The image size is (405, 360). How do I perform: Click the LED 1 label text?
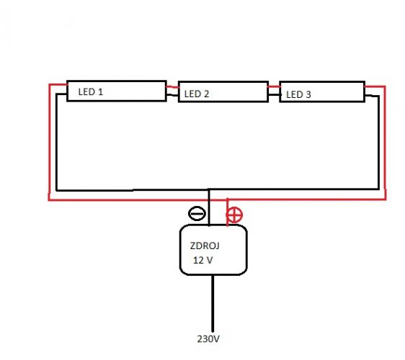click(90, 92)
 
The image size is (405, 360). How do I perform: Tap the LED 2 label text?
click(197, 94)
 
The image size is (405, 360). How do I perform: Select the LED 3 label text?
click(298, 94)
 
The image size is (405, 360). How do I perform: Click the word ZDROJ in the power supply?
click(205, 246)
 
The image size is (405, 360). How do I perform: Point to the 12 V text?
click(202, 260)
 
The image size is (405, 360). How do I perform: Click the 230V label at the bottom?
click(208, 339)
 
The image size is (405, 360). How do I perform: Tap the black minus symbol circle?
click(197, 214)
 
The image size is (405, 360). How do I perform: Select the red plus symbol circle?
click(234, 215)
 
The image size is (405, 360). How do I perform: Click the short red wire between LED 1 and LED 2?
click(172, 87)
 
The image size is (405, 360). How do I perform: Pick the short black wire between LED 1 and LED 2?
click(172, 95)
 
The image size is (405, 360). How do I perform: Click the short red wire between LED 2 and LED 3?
click(274, 86)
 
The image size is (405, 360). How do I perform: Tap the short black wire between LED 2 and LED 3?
click(274, 95)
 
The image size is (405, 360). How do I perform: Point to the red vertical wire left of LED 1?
click(49, 142)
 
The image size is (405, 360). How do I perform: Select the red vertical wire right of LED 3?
click(385, 143)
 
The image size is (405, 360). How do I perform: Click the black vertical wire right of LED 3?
click(378, 143)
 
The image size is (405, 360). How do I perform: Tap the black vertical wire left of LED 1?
click(56, 143)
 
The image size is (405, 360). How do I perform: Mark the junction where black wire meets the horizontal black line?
click(209, 190)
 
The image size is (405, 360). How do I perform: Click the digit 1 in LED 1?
click(101, 92)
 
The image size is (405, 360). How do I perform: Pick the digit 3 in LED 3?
click(308, 94)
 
